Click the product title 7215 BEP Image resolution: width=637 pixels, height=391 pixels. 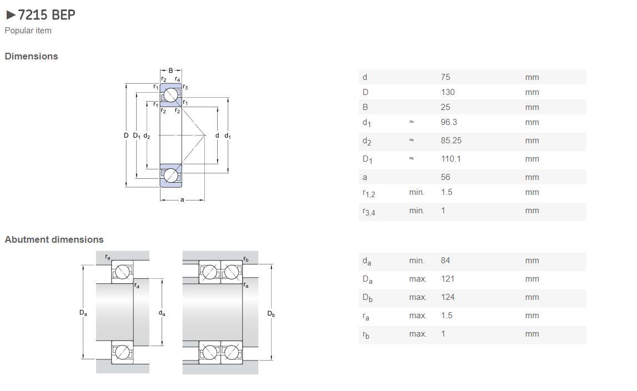[x=47, y=15]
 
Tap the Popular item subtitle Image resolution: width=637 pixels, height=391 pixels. [x=28, y=31]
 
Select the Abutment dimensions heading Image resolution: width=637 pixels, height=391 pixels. [x=54, y=239]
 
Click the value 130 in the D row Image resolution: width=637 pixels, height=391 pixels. [x=448, y=92]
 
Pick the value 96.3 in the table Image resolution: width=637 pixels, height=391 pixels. [x=449, y=122]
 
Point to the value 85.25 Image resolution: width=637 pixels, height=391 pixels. [x=451, y=140]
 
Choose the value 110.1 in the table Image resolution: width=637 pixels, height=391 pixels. [x=450, y=158]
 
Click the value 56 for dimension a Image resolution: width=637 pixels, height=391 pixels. [x=445, y=177]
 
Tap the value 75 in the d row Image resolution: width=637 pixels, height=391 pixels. [x=445, y=77]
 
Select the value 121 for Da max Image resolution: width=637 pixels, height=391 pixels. [x=448, y=279]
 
